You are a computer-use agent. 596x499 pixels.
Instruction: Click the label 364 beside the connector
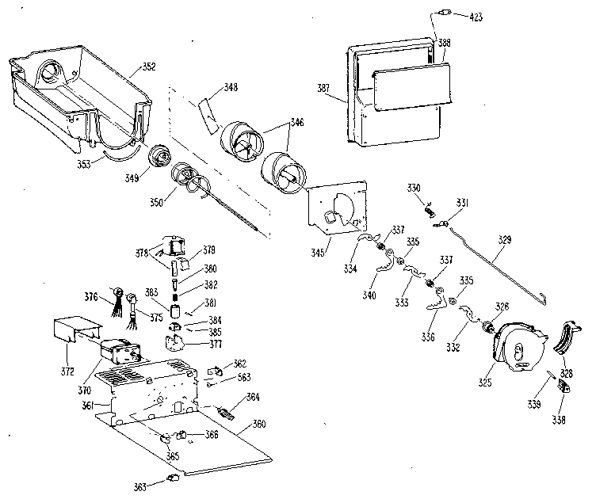pyautogui.click(x=253, y=397)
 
